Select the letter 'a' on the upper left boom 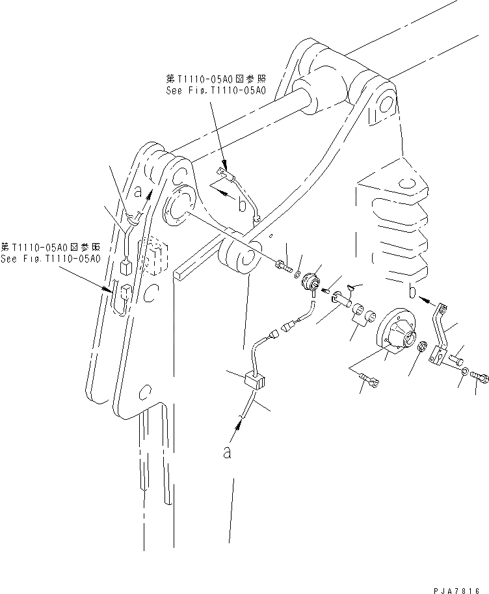click(138, 192)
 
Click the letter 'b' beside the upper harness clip click(242, 206)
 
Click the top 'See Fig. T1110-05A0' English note click(215, 91)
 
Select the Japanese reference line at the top click(215, 79)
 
